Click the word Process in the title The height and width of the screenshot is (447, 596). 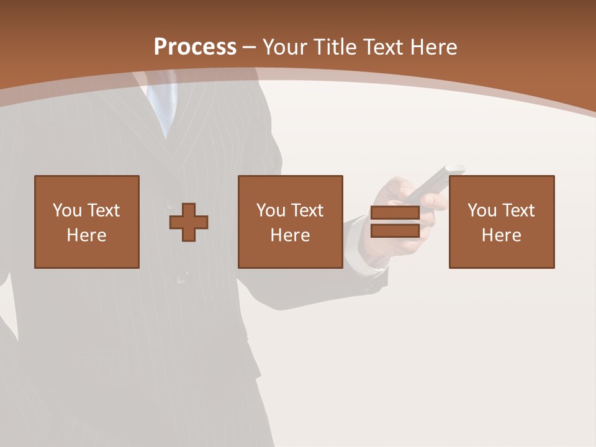point(195,47)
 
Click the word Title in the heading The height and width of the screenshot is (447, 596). point(333,47)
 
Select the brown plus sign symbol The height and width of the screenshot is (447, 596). point(189,222)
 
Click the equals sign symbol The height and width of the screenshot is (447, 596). point(395,222)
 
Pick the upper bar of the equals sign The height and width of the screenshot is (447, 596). point(395,213)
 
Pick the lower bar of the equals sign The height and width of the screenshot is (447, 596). point(395,231)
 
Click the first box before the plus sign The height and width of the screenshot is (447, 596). point(87,222)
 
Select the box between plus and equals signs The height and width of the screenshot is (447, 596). point(291,222)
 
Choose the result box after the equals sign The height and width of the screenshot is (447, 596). point(502,222)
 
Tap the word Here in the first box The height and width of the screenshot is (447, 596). point(87,235)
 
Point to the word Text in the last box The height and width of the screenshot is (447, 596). point(518,210)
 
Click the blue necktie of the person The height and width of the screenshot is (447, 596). point(163,106)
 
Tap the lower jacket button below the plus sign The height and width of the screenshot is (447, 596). point(182,278)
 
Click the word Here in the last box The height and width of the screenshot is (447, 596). point(502,235)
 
